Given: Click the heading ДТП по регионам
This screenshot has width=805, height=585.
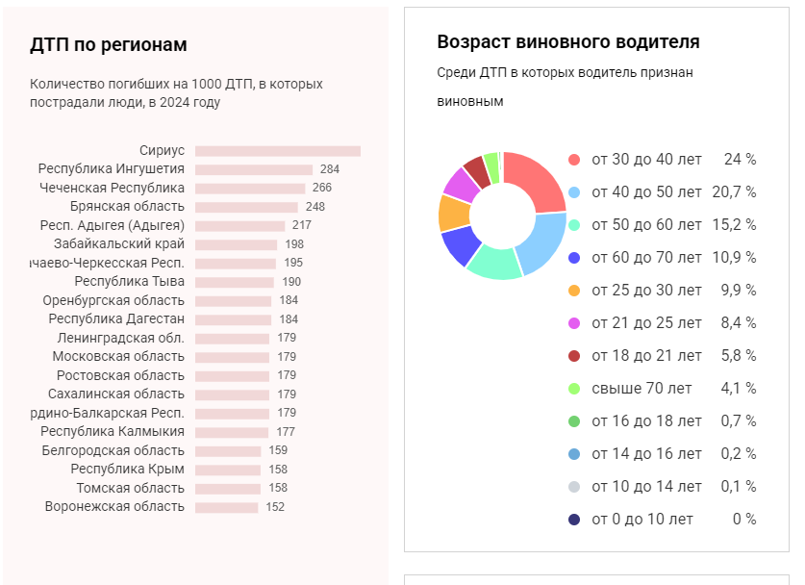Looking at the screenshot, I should pos(109,45).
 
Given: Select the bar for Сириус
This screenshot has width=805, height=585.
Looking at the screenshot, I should pos(277,151).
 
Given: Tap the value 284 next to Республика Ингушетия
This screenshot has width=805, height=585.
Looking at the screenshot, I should pos(330,169).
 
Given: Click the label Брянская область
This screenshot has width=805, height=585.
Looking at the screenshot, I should pos(127,207).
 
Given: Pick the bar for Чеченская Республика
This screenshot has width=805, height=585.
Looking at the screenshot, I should pos(250,189).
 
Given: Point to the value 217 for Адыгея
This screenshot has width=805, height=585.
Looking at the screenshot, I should pos(302,225).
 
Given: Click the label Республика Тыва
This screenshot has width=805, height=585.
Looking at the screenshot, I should pos(129,282).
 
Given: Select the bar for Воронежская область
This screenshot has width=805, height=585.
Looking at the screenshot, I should pos(227,507).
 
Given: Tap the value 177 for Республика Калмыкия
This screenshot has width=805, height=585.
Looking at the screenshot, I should pos(286,432).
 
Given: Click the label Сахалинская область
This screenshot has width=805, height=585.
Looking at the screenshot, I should pos(116,394).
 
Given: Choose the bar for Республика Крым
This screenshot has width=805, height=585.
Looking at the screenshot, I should pos(228,470).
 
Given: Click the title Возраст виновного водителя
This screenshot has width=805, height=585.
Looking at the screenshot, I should pos(567,42).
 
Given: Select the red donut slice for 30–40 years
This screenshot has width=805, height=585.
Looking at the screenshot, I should pos(536,180).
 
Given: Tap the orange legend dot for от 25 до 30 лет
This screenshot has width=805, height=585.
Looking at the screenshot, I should pos(574,291).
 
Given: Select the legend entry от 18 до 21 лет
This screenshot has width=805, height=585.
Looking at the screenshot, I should pos(646,356).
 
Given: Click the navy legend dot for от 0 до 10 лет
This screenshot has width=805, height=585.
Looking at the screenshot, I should pos(574,520).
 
